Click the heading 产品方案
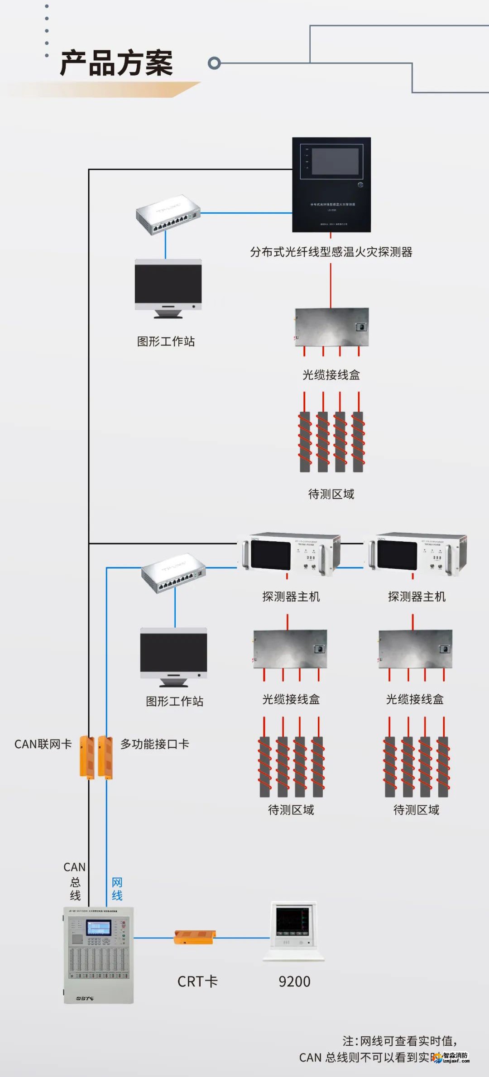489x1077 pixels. click(116, 63)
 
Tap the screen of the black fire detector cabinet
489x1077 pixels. click(335, 162)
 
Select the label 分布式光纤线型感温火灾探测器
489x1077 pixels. click(331, 252)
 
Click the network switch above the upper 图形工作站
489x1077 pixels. click(168, 214)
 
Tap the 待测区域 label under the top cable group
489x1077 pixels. click(331, 494)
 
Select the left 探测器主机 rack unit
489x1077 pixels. click(290, 554)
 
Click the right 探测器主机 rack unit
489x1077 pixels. click(416, 554)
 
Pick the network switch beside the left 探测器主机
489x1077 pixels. click(173, 572)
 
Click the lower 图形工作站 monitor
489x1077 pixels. click(173, 653)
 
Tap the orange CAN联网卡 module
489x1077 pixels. click(87, 757)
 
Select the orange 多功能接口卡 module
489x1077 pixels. click(105, 757)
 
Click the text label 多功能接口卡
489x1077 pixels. click(154, 744)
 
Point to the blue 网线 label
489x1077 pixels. click(117, 889)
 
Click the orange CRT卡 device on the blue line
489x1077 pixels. click(195, 938)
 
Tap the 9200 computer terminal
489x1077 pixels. click(293, 931)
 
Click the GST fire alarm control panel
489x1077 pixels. click(98, 955)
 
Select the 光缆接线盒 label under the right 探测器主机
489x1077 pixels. click(414, 699)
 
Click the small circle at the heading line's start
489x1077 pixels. click(214, 63)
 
